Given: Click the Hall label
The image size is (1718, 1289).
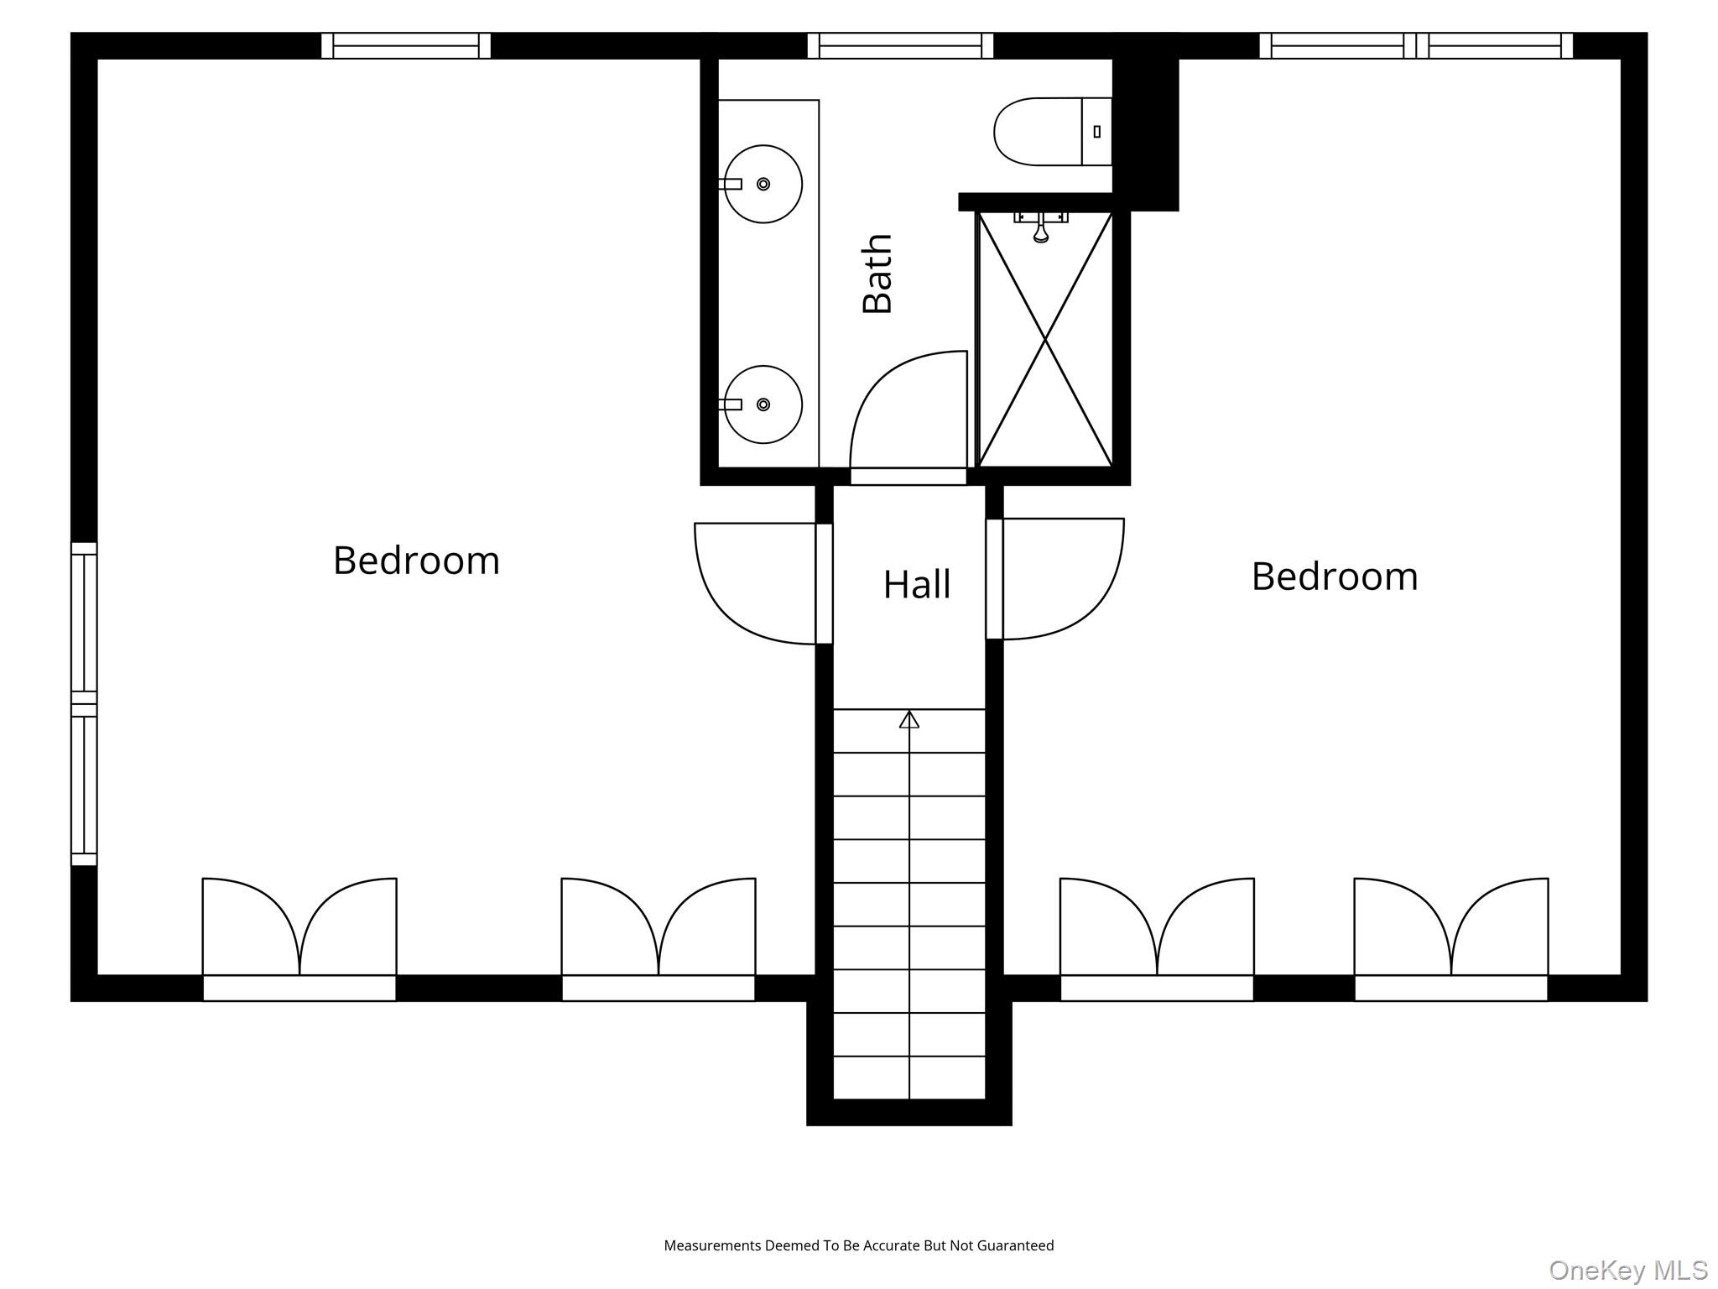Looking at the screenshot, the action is click(x=917, y=584).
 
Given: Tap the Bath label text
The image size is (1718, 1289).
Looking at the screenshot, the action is click(x=877, y=274).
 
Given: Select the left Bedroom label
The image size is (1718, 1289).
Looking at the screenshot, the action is click(x=416, y=561).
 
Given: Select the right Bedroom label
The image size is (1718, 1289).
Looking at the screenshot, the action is click(x=1335, y=577).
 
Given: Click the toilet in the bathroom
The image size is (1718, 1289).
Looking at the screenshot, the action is click(x=1053, y=132).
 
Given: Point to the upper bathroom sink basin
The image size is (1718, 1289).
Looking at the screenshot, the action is click(x=763, y=184).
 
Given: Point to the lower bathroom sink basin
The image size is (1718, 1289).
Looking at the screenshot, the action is click(x=763, y=404).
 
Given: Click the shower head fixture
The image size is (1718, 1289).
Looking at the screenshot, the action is click(x=1041, y=227).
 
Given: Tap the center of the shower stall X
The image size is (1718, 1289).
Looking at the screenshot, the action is click(x=1045, y=339).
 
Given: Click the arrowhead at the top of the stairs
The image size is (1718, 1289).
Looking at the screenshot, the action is click(x=909, y=719).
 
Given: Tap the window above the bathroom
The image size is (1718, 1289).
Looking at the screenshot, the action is click(x=900, y=45).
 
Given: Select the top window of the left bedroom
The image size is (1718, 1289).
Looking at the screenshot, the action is click(x=406, y=45).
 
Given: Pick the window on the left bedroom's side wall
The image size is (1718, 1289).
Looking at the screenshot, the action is click(x=84, y=704).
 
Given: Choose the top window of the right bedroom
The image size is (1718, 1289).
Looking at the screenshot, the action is click(x=1416, y=45).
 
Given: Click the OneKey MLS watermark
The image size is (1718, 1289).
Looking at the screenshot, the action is click(x=1628, y=1270).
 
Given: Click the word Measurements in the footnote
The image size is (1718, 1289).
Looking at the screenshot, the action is click(x=712, y=1245).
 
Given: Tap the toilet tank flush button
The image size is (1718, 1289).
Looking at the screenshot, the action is click(x=1097, y=132).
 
